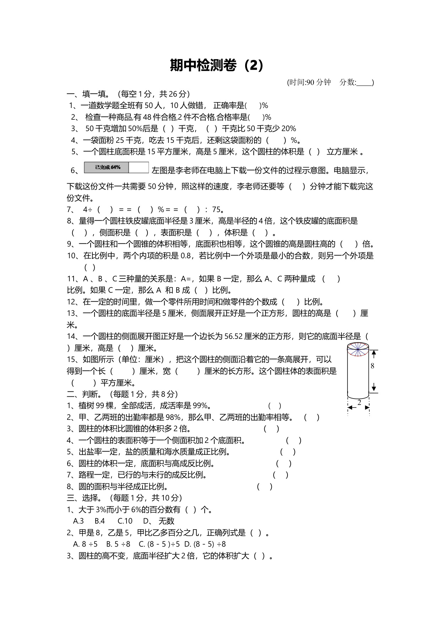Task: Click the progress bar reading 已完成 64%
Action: tap(116, 167)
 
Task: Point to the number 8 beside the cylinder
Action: tap(372, 365)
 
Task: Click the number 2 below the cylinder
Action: tap(359, 402)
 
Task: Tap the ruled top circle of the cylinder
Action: tap(358, 349)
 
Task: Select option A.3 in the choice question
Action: tap(79, 521)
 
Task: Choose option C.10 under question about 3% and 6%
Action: tap(125, 521)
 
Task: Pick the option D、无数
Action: tap(158, 521)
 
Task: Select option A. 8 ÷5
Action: tap(85, 544)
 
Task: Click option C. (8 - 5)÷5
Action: tap(159, 544)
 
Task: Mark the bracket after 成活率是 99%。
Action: tap(275, 406)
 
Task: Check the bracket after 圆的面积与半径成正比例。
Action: tap(265, 487)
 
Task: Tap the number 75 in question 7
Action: tap(216, 210)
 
